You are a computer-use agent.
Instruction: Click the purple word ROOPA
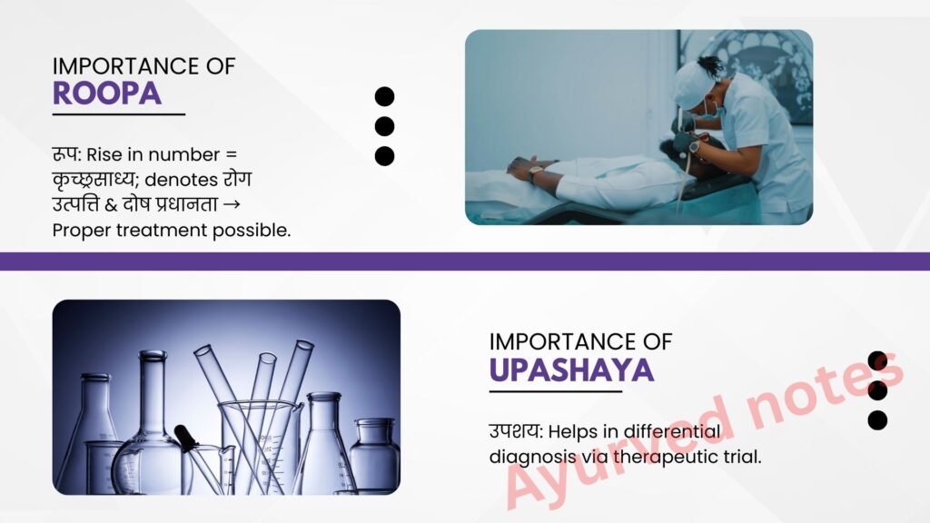(x=107, y=94)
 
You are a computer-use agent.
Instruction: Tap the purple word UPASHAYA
(x=572, y=370)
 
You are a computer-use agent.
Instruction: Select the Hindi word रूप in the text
(x=65, y=154)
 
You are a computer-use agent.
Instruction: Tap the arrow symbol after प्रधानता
(x=232, y=204)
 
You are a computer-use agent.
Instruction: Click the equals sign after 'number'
(x=231, y=154)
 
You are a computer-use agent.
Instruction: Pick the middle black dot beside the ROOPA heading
(x=384, y=126)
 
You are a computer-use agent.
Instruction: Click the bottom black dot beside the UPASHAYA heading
(x=877, y=419)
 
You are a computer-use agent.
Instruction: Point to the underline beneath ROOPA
(x=119, y=114)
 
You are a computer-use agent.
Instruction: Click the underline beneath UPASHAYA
(x=556, y=391)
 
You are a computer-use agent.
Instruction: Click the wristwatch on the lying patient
(x=535, y=173)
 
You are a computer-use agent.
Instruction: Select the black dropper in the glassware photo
(x=187, y=438)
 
